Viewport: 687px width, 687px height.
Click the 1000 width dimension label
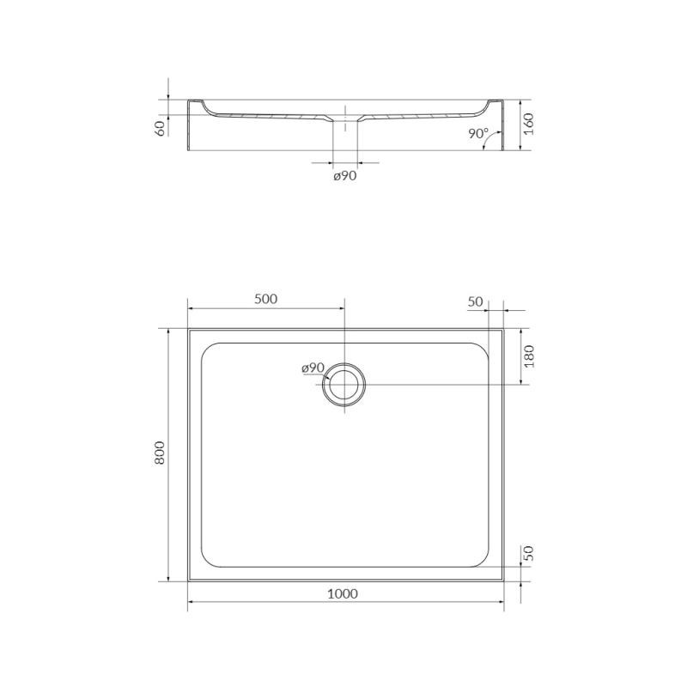[343, 593]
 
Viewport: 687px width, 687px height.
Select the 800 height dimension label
[160, 453]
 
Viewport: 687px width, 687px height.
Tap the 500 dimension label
[266, 299]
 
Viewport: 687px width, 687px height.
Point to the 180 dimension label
[529, 356]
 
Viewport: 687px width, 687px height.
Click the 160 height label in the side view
[529, 124]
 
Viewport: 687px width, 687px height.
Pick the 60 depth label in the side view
[161, 128]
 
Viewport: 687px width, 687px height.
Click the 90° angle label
[478, 134]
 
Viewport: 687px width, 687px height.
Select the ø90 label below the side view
[345, 176]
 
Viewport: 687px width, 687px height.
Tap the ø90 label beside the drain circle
[313, 368]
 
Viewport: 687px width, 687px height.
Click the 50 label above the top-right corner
[476, 302]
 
